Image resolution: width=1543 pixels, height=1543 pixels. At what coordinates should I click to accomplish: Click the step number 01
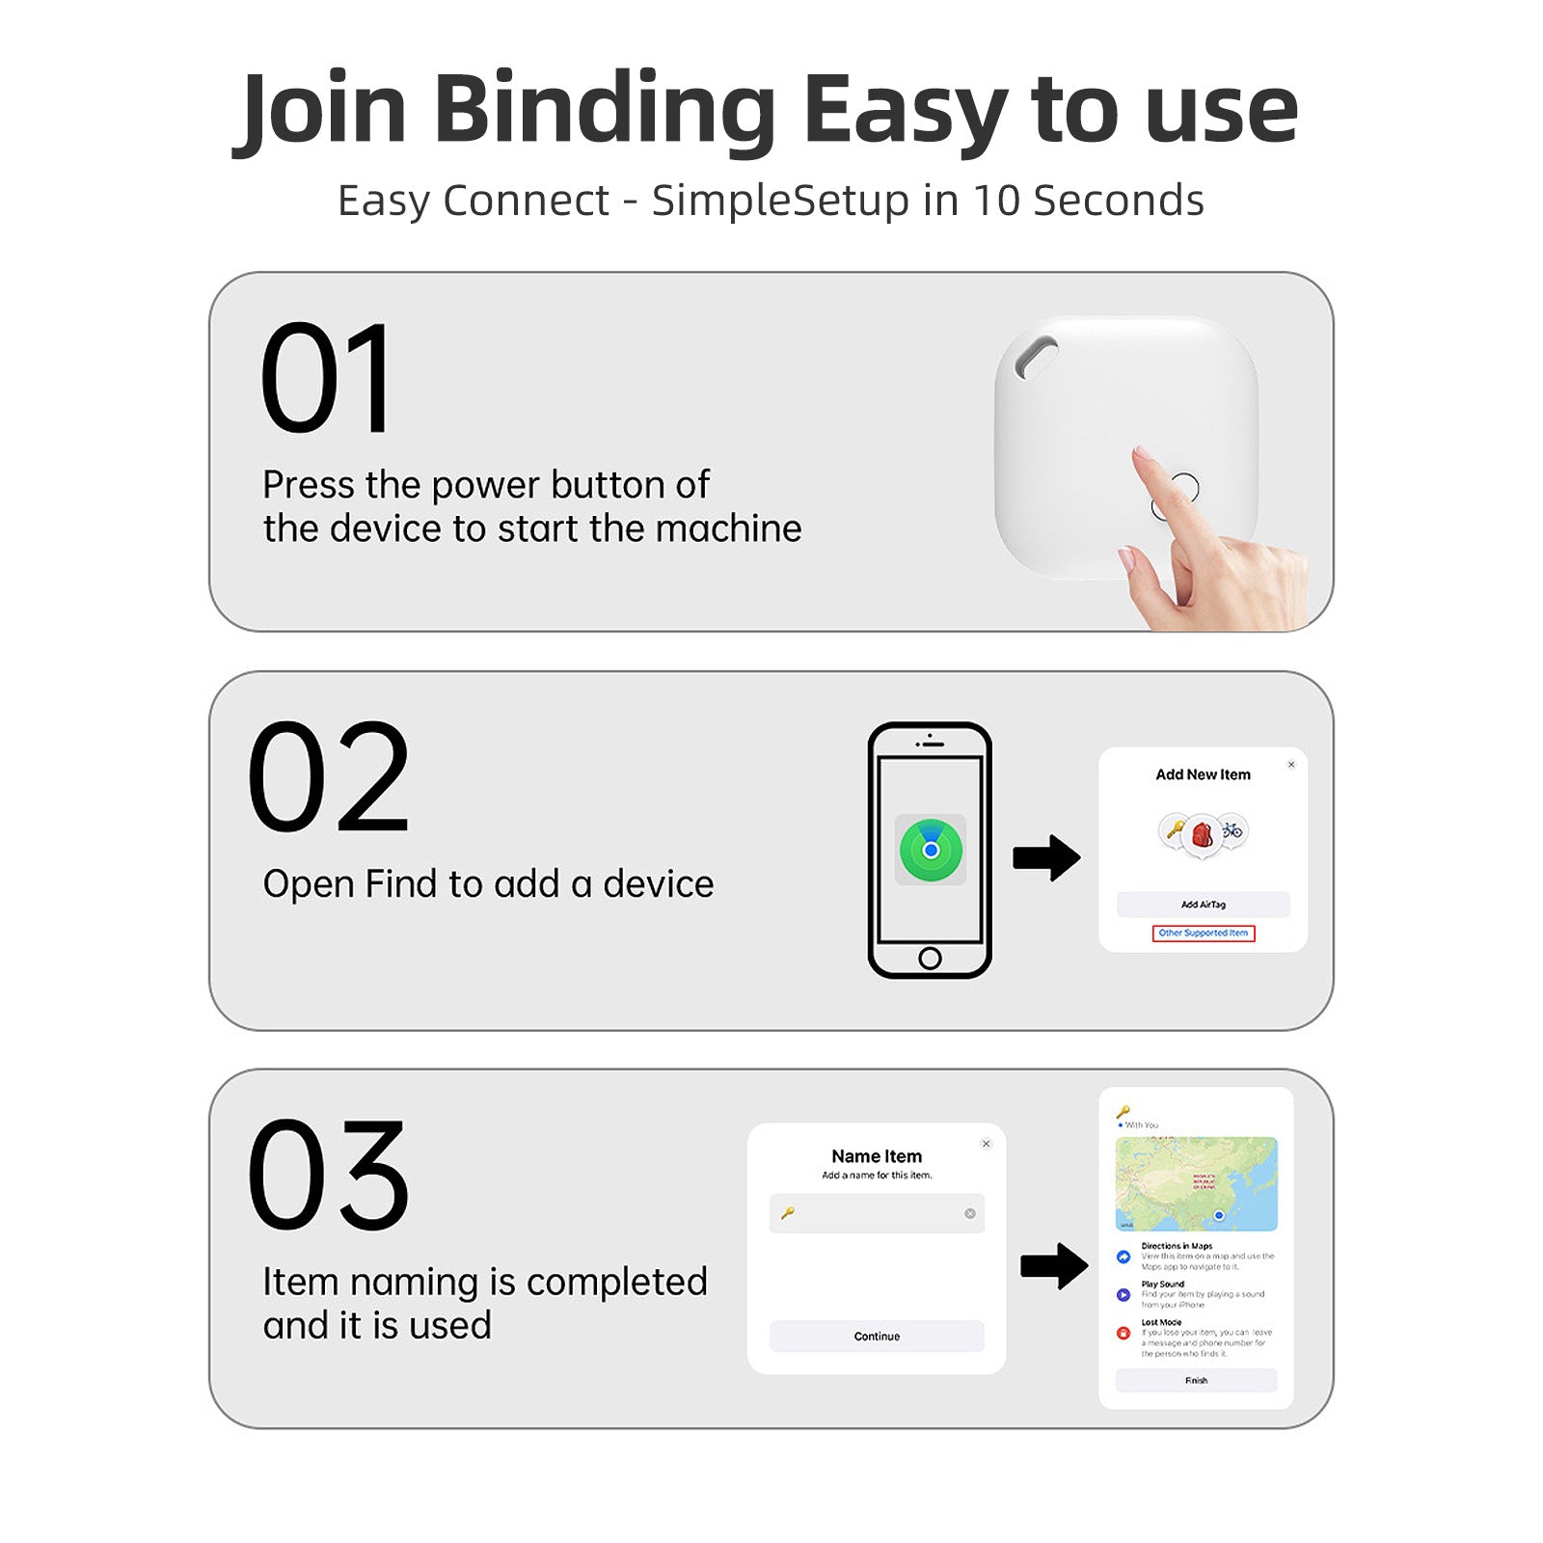coord(327,379)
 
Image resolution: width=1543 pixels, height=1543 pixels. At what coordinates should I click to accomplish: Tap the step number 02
coord(329,776)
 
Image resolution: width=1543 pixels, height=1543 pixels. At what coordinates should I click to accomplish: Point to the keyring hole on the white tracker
coord(1036,356)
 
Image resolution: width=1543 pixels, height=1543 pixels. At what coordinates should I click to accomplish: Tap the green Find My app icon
coord(931,850)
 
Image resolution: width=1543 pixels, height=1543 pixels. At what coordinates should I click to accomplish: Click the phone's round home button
coord(930,958)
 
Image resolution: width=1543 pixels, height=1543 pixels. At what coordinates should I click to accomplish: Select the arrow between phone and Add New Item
coord(1046,857)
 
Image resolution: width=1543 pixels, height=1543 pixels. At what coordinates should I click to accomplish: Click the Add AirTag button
coord(1203,905)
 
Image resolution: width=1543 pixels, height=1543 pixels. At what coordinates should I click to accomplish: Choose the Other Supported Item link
coord(1203,933)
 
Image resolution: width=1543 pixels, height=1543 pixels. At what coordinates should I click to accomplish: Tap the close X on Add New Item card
coord(1291,765)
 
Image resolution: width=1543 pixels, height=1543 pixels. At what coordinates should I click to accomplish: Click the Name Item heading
coord(877,1156)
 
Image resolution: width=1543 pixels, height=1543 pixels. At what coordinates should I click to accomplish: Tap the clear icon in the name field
coord(969,1213)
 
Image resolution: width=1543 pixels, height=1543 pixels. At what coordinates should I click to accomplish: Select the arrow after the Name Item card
coord(1054,1266)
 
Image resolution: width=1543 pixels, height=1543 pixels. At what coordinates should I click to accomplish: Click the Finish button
coord(1196,1380)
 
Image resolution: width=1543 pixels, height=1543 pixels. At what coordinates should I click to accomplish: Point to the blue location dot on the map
coord(1219,1215)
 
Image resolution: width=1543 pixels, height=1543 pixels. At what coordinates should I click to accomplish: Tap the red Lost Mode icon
coord(1123,1333)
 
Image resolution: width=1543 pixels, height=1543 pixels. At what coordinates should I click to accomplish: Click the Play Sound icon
coord(1123,1295)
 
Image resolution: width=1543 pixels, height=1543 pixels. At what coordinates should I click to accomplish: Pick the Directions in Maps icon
coord(1123,1257)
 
